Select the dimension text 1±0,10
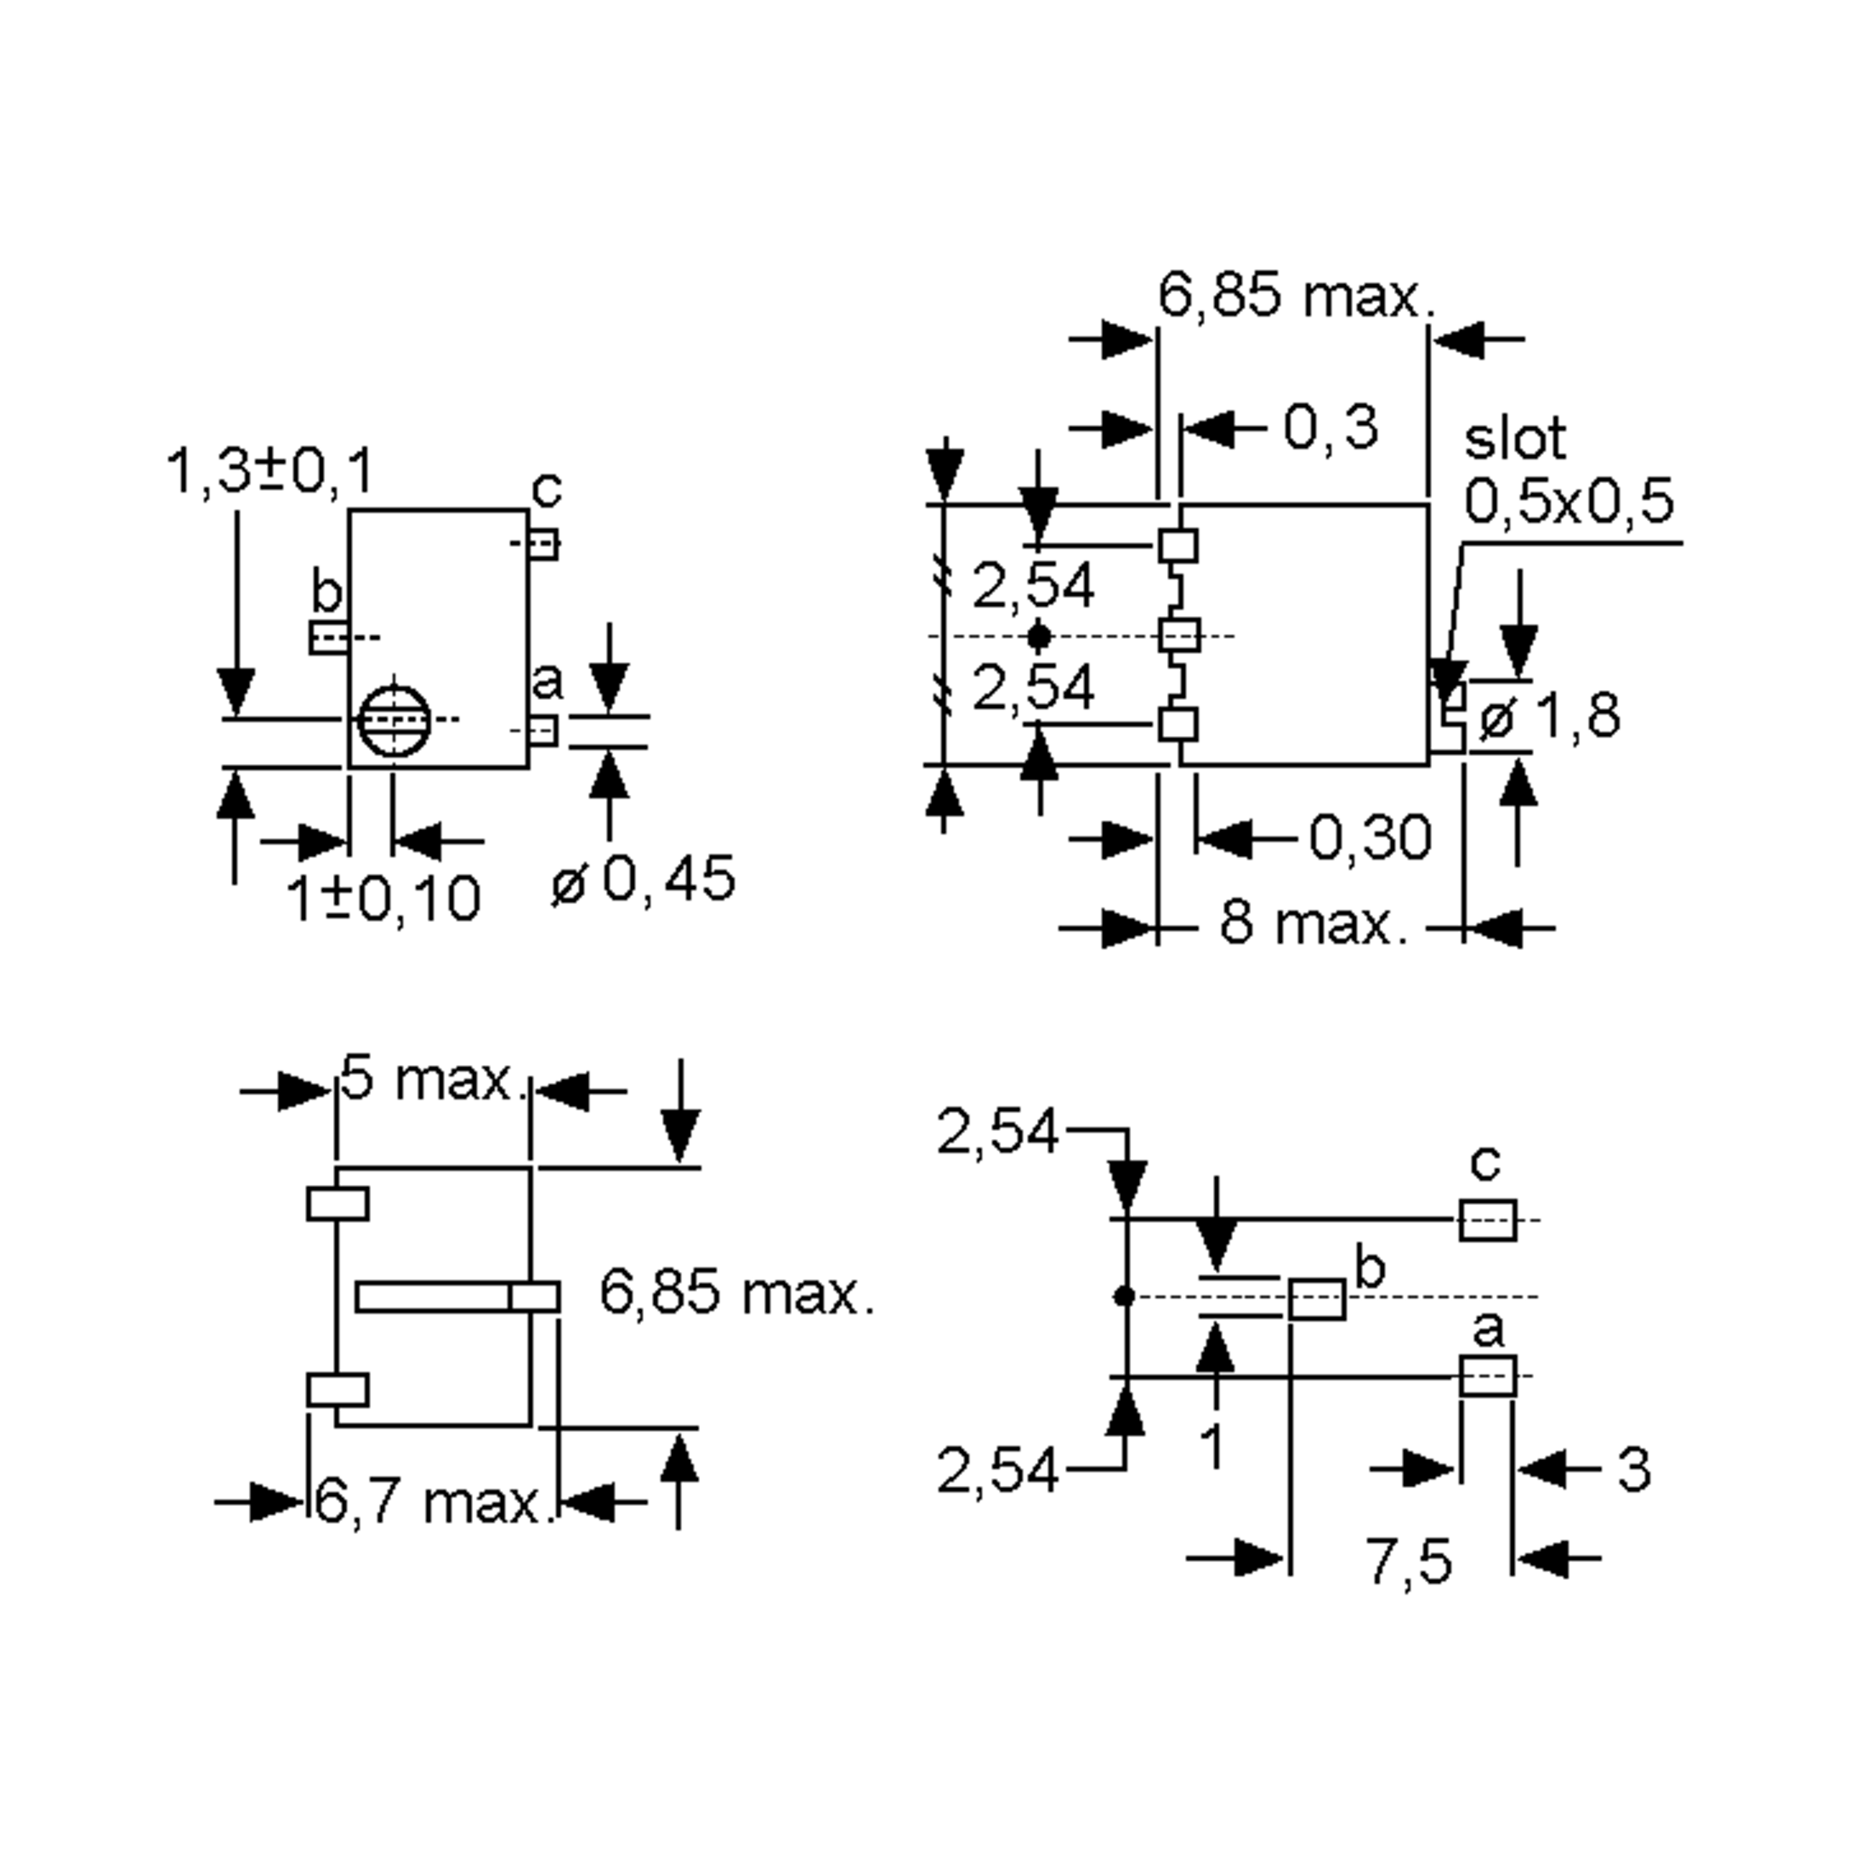(x=384, y=898)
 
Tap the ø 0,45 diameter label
(x=643, y=879)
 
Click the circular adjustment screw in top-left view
(x=394, y=720)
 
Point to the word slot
(x=1515, y=440)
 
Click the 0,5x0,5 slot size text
(x=1568, y=503)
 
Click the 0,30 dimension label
(x=1370, y=837)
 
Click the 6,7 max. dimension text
(x=431, y=1503)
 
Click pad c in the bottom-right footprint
(x=1487, y=1221)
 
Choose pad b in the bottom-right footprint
(x=1316, y=1300)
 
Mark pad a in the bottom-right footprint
(x=1487, y=1376)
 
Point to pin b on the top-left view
(x=328, y=638)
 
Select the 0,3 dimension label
(x=1331, y=427)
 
